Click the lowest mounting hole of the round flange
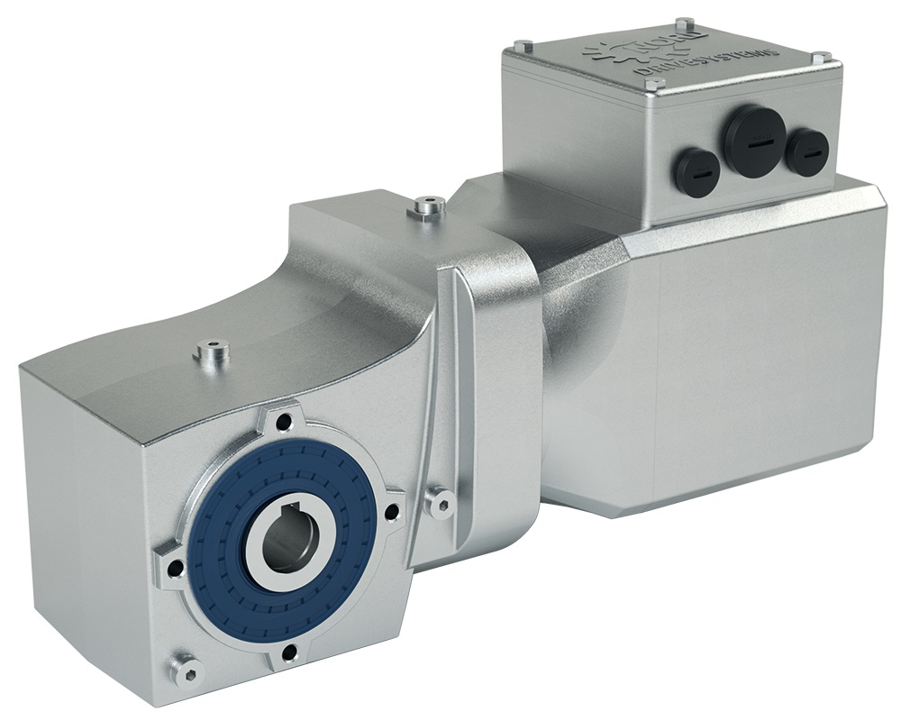pos(287,654)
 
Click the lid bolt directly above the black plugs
pos(656,84)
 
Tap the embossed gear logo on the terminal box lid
pos(600,50)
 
